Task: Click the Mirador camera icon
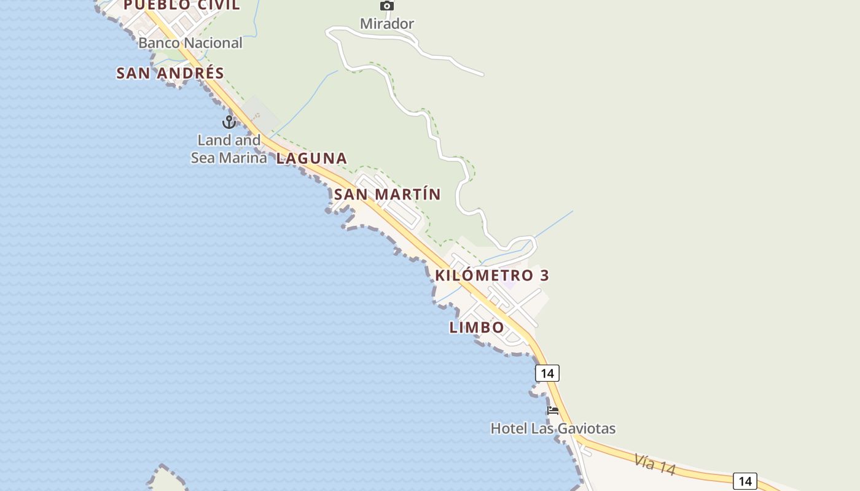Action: click(386, 6)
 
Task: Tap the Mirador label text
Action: click(387, 24)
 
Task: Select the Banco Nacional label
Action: click(190, 43)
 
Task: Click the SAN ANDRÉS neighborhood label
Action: click(170, 73)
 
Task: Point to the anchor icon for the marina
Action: click(229, 122)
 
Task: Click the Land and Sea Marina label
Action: click(229, 149)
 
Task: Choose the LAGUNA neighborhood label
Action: click(311, 158)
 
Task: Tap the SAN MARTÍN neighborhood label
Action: click(388, 195)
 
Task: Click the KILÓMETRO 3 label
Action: click(492, 275)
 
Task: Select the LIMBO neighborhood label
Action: click(477, 327)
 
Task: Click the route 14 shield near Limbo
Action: click(547, 373)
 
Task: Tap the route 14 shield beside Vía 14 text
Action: click(745, 481)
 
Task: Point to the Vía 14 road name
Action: click(655, 464)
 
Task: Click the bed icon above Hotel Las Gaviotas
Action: click(553, 411)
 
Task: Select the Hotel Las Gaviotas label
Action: click(553, 428)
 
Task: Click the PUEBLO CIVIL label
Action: click(182, 6)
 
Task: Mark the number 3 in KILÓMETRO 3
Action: click(544, 275)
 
